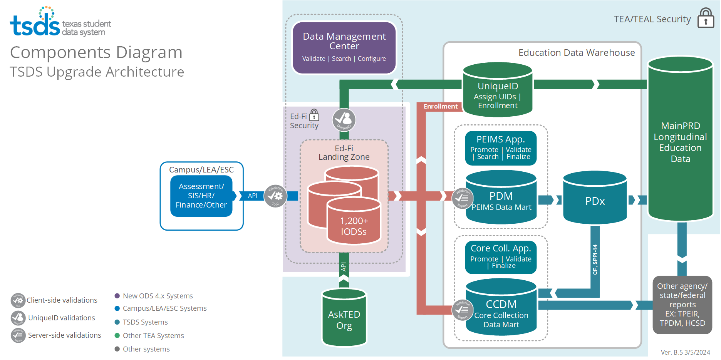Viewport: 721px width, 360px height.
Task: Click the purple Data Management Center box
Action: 344,47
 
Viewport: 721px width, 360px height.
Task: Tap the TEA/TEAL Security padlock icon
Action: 706,18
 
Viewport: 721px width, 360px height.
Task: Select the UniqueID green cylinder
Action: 498,90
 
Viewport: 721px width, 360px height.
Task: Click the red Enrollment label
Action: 441,106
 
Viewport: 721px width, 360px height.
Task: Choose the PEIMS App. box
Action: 501,148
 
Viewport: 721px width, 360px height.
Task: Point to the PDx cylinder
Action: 595,200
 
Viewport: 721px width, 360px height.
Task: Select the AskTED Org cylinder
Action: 344,319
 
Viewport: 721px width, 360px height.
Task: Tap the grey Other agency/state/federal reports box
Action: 682,305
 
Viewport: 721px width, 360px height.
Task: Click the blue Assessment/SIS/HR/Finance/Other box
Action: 201,196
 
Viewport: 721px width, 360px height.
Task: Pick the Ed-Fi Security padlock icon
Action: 314,115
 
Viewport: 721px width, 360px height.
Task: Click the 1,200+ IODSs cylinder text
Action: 354,226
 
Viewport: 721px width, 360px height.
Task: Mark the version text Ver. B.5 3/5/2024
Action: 685,352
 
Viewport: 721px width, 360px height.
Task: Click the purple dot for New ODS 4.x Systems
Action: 117,296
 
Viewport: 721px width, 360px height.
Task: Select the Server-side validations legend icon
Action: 18,335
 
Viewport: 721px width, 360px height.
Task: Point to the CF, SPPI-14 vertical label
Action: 595,259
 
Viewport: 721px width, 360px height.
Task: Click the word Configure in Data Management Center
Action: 372,59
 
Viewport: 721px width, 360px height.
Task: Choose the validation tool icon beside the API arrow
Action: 275,196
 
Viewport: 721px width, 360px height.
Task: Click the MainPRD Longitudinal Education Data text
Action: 680,142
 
